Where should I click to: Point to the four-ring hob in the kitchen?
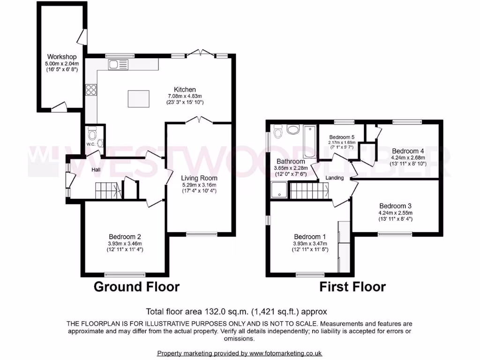90,90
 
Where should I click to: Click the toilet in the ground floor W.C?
92,134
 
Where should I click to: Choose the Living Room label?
199,178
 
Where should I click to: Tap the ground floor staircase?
108,190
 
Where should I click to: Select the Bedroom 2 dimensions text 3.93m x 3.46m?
125,243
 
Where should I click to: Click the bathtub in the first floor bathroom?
309,141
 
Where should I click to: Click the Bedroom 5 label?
341,137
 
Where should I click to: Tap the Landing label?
335,178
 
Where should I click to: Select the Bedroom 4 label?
408,151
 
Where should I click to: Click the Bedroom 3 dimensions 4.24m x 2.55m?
395,212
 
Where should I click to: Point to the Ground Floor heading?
136,286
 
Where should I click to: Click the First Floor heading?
352,286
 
